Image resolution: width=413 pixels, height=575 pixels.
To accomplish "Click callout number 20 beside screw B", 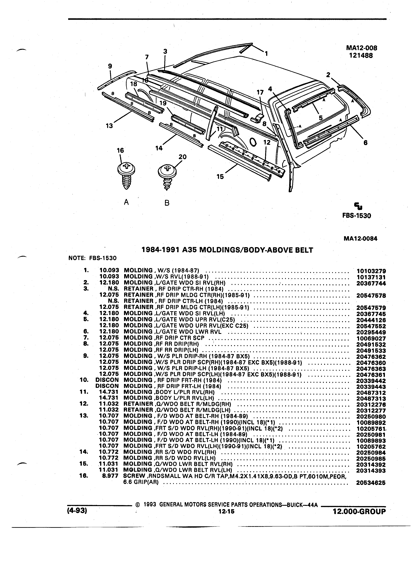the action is tap(182, 157).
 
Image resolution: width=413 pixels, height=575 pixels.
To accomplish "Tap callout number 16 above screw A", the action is tap(120, 150).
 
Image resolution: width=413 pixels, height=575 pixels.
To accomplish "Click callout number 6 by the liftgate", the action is tap(365, 143).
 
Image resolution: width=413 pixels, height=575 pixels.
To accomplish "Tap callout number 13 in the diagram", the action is tap(109, 126).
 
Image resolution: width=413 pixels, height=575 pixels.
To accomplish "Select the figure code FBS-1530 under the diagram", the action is tap(357, 216).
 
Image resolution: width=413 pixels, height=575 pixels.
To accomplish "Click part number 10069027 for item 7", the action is tap(371, 338).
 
